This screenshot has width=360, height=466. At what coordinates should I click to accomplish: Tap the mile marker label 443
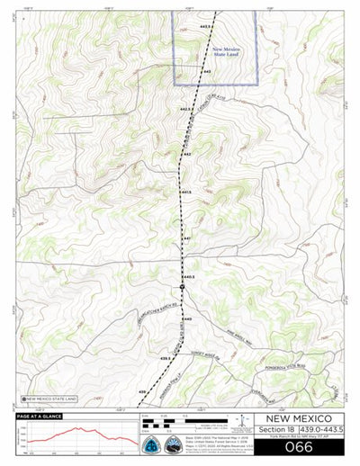[207, 71]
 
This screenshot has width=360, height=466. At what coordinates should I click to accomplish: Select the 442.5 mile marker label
[186, 109]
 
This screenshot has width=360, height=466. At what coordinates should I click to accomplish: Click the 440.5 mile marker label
[189, 276]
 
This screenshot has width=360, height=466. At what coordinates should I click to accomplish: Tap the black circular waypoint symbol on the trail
[182, 286]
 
